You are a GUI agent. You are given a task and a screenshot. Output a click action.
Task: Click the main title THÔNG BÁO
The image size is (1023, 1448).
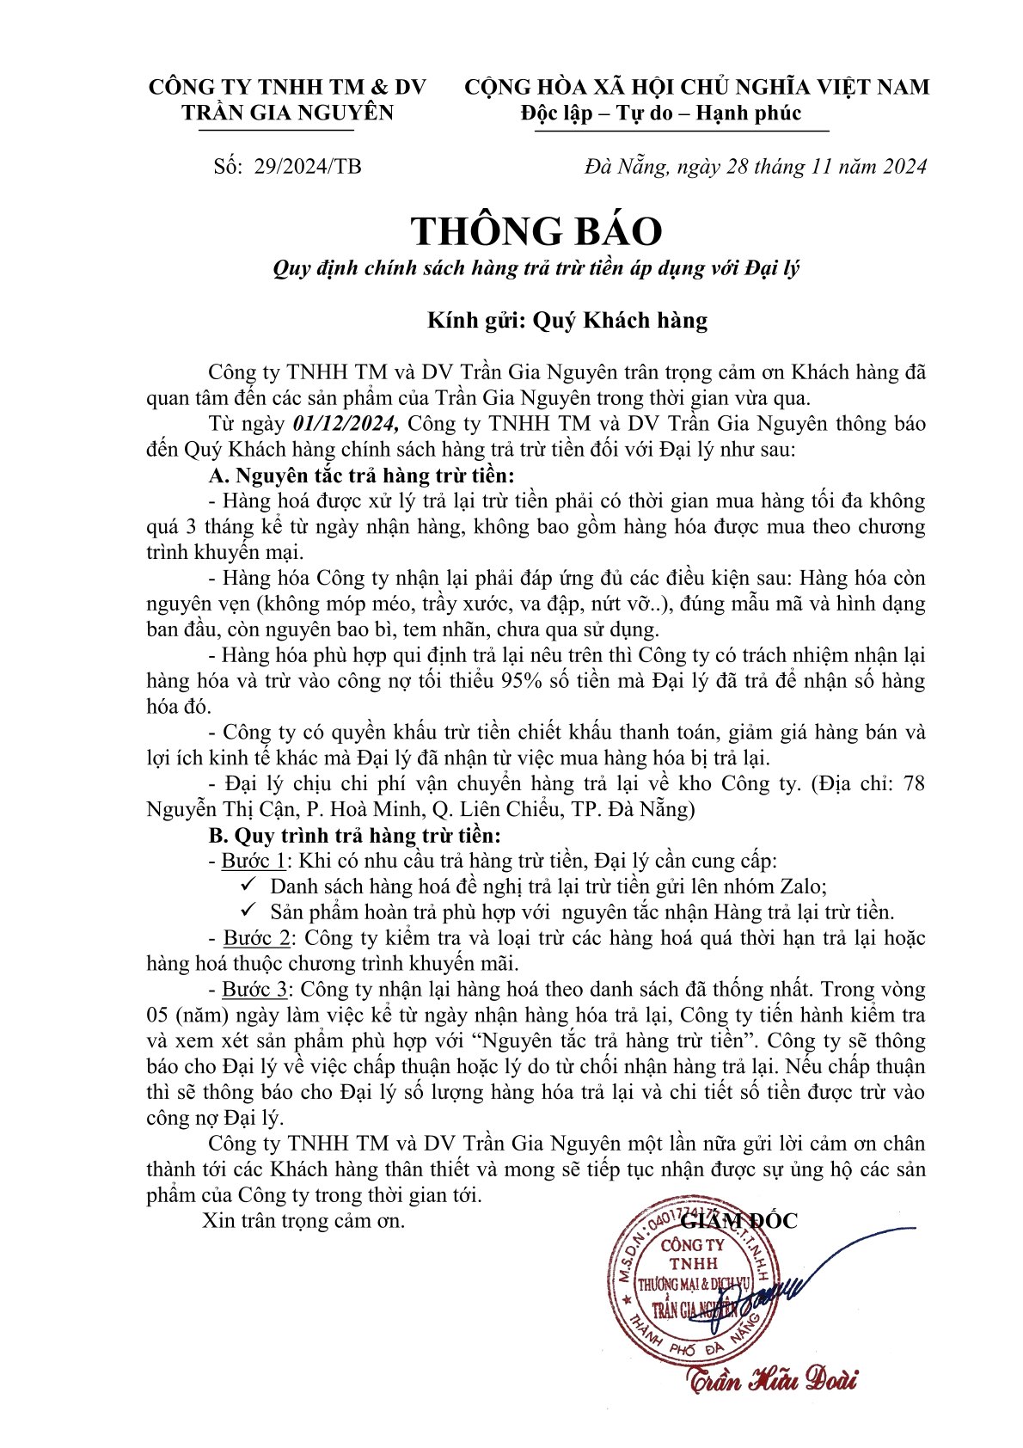[x=536, y=231]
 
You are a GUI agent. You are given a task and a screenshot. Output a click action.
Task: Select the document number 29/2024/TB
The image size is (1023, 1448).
[x=308, y=166]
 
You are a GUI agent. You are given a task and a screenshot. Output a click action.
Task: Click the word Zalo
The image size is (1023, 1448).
[x=802, y=887]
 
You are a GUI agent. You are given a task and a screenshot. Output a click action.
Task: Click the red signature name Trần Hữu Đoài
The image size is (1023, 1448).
[x=771, y=1380]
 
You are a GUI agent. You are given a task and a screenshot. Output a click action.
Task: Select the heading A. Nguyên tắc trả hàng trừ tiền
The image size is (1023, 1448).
[x=362, y=476]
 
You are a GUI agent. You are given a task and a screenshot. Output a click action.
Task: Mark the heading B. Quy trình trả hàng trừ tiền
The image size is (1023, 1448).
[x=354, y=835]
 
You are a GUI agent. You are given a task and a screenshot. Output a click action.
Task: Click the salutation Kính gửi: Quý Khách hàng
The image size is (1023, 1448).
[x=567, y=321]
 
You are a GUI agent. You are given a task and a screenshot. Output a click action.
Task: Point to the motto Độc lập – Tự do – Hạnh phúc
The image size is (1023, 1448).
[x=660, y=114]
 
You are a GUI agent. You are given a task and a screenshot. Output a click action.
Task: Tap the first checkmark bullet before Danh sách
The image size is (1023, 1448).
[x=249, y=885]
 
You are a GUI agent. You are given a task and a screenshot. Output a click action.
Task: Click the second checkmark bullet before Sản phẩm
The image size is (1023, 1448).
[x=249, y=911]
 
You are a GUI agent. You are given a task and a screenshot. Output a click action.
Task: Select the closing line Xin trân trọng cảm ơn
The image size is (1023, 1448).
[x=303, y=1220]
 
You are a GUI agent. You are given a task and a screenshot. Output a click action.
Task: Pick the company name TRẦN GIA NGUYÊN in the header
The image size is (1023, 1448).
[x=288, y=113]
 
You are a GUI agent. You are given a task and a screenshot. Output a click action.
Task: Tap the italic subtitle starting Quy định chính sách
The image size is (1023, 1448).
[x=536, y=268]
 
